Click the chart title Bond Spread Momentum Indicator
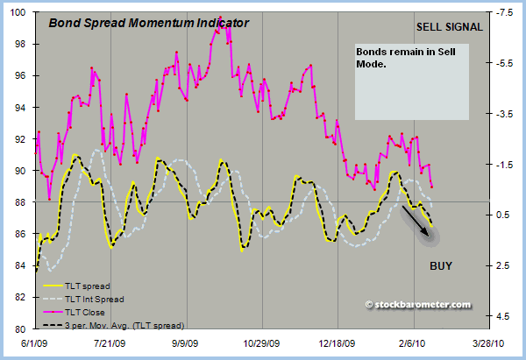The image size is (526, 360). (148, 24)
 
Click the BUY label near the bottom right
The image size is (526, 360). (441, 265)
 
